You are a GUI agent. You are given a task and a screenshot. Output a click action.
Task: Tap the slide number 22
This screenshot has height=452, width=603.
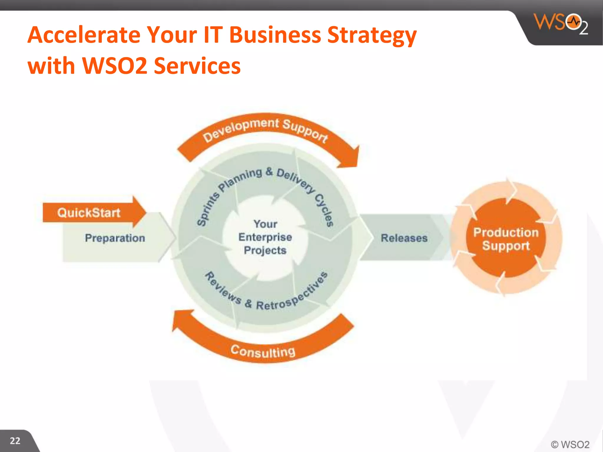(x=15, y=441)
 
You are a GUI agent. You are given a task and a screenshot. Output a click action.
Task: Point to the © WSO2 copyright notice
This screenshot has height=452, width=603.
(x=570, y=444)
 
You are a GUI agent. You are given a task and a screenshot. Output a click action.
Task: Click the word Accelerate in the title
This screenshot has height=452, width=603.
(x=84, y=35)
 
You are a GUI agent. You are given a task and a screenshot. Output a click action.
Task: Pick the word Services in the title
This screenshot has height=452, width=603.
(x=197, y=66)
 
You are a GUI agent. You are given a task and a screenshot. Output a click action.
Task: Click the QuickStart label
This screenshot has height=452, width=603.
(x=89, y=212)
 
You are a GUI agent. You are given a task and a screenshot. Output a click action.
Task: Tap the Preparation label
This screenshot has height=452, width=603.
(x=115, y=238)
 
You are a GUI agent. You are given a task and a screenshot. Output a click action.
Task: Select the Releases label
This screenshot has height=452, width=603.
(x=404, y=238)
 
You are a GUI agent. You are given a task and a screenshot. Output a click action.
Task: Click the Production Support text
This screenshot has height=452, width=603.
(x=506, y=239)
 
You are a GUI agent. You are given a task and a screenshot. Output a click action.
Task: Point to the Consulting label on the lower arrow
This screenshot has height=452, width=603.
(x=263, y=351)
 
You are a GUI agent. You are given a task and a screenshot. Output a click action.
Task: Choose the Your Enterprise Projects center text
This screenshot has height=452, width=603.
(x=265, y=237)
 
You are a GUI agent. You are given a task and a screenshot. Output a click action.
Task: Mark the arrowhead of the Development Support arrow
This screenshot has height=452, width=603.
(x=350, y=157)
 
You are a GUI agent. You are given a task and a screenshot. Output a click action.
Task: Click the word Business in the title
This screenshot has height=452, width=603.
(x=275, y=35)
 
